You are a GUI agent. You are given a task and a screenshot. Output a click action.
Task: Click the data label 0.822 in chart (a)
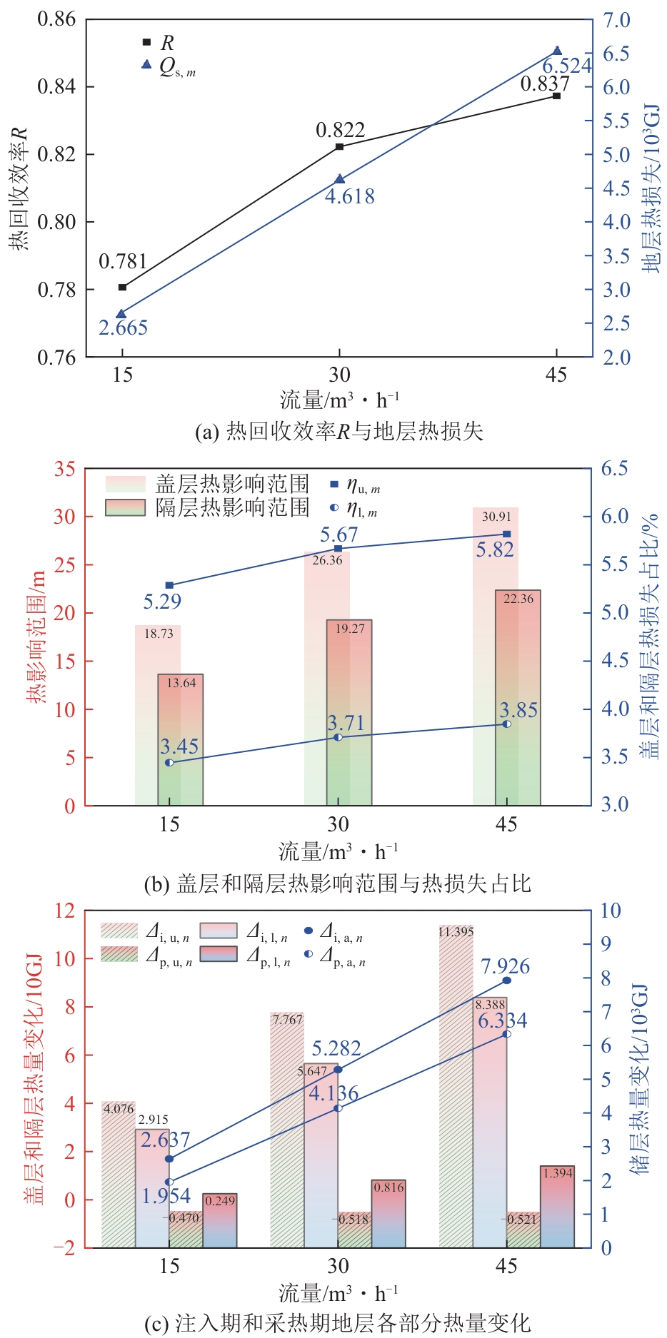(x=340, y=130)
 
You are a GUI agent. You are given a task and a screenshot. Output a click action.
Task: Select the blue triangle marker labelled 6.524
(x=558, y=51)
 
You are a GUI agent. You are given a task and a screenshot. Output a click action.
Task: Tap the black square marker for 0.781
(x=122, y=287)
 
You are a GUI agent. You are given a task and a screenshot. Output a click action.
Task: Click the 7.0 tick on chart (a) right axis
(x=616, y=20)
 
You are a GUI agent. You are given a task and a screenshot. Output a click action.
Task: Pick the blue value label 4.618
(x=350, y=196)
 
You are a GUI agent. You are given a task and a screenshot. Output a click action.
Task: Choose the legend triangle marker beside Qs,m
(x=146, y=64)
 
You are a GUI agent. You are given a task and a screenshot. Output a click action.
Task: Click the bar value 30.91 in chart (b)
(x=496, y=517)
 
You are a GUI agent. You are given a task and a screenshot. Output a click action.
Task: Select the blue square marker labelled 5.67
(x=338, y=549)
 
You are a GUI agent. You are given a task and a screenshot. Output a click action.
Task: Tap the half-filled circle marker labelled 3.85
(x=507, y=724)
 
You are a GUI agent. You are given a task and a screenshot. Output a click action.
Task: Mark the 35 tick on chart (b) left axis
(x=64, y=469)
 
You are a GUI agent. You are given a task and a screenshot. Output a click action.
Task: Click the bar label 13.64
(x=181, y=683)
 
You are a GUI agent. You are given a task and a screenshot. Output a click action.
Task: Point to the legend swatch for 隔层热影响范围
(x=125, y=507)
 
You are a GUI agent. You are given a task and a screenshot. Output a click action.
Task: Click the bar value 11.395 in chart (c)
(x=456, y=932)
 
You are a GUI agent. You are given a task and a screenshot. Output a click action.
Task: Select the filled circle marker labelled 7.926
(x=507, y=980)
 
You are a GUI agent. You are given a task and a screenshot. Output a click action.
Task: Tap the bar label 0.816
(x=388, y=1187)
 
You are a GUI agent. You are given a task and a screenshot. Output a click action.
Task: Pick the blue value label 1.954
(x=166, y=1196)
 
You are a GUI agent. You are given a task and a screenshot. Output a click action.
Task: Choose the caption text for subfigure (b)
(x=337, y=884)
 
